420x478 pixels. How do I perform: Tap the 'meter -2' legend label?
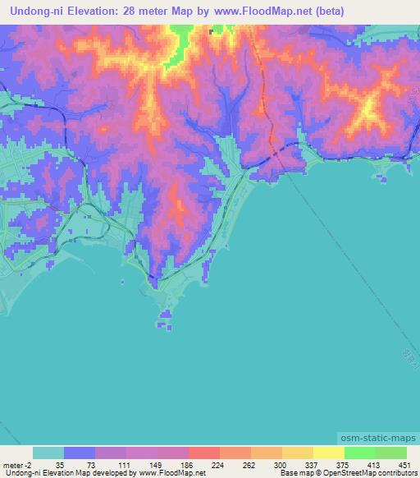[17, 465]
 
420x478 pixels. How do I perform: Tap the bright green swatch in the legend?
[359, 453]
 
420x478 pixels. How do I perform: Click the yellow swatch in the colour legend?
[328, 453]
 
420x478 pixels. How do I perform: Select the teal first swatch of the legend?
[48, 453]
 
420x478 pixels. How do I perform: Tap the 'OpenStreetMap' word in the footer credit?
[343, 474]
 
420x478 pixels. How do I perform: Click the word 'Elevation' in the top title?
[94, 11]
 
